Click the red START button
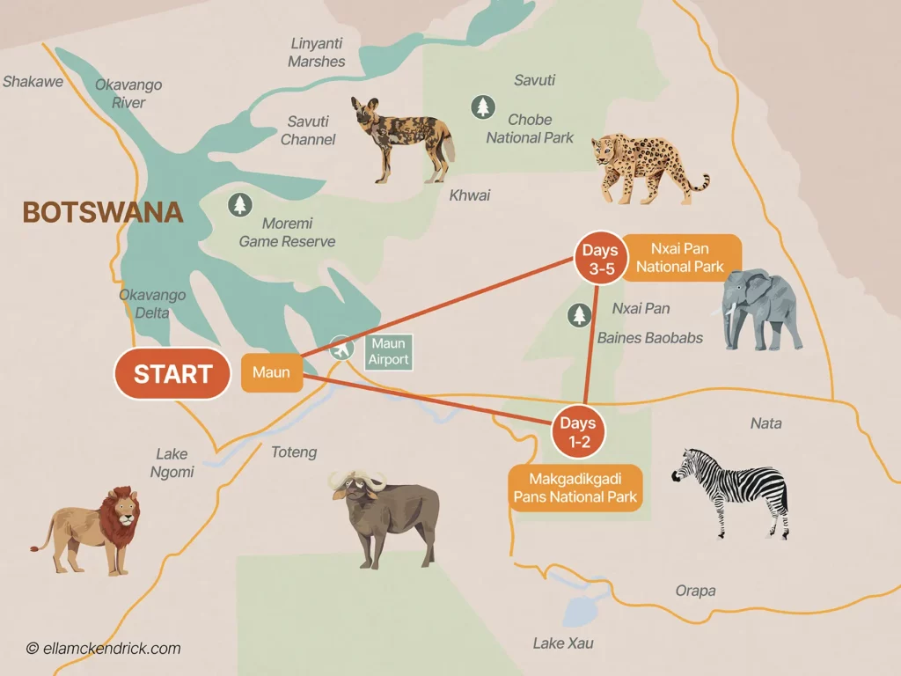(173, 374)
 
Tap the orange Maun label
(271, 373)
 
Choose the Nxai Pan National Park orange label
(680, 258)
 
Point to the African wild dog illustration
(402, 138)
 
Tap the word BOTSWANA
(103, 213)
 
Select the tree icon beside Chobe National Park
(482, 107)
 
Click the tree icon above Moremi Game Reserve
(239, 205)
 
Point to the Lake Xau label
(563, 643)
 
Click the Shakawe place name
(33, 82)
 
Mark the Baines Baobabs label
(649, 338)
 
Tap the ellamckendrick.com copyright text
(103, 649)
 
